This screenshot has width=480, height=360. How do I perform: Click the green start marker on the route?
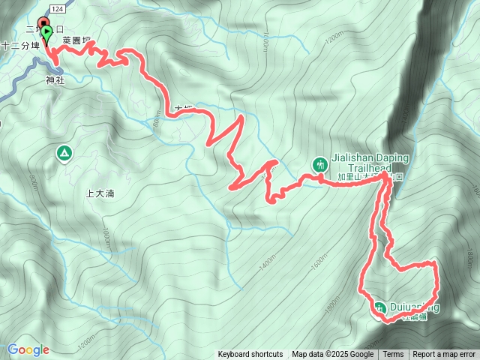coord(47,33)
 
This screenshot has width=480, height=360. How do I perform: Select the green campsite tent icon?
coord(63,154)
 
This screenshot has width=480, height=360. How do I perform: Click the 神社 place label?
coord(55,79)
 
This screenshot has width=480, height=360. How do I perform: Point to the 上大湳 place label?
coord(100,193)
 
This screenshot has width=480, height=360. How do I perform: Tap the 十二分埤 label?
coord(19,46)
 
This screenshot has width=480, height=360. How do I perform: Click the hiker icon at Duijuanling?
coord(379,307)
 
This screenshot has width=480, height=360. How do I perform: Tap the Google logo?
coord(28,349)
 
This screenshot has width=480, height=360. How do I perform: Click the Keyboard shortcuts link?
coord(250,354)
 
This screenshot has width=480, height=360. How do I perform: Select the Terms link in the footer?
coord(393,354)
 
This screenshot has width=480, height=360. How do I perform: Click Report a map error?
coord(444,354)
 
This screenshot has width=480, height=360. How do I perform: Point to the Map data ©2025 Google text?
coord(332,354)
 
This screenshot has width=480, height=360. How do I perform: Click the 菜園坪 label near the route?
coord(76,40)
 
